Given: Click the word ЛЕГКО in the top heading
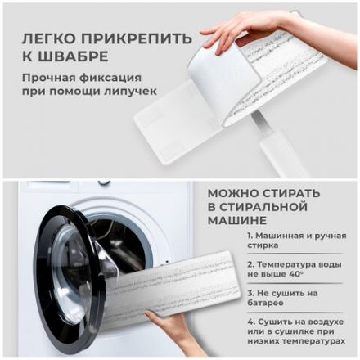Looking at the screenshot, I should pos(44,39).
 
